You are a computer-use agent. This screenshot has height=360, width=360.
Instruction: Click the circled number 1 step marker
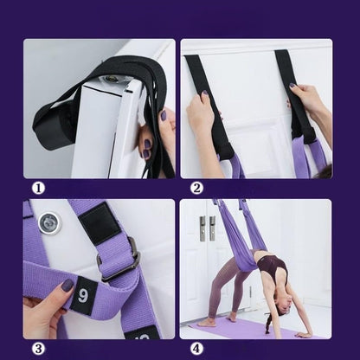click(38, 189)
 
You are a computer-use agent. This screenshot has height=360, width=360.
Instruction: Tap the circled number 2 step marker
click(196, 189)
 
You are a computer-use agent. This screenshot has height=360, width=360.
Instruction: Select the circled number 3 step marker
click(38, 349)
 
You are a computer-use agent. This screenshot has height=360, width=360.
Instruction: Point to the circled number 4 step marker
click(196, 349)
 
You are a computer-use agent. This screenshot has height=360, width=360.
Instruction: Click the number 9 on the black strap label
click(83, 296)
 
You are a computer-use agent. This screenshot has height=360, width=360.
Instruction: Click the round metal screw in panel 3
click(50, 223)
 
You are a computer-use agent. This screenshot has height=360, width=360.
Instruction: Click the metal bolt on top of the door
click(110, 78)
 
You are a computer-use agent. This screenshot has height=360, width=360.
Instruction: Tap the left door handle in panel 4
click(202, 228)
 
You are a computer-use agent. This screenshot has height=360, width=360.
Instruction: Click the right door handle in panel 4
click(213, 228)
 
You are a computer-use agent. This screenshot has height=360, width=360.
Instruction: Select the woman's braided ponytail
click(269, 322)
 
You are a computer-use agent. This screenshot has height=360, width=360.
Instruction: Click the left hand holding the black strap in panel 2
click(201, 110)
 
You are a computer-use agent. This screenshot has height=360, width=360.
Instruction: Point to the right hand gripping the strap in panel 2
click(303, 97)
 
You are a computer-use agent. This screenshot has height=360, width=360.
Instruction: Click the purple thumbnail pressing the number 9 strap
click(68, 285)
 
